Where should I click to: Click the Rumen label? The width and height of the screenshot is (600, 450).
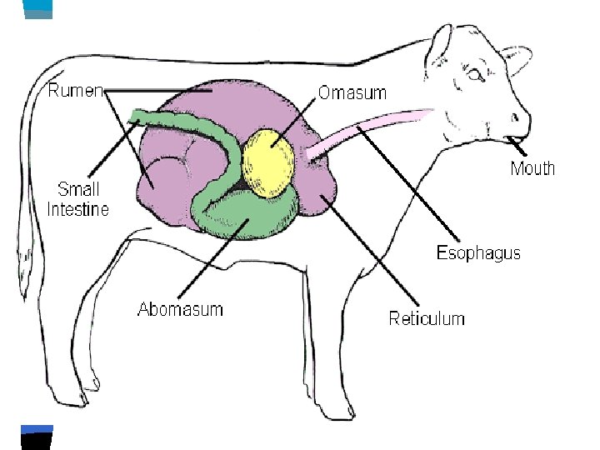click(x=75, y=90)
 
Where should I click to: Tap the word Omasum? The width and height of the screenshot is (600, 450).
click(x=352, y=92)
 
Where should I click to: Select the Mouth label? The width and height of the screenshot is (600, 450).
click(x=532, y=168)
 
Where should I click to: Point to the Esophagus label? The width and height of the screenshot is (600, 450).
click(x=478, y=253)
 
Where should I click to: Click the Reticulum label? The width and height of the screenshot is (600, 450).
click(x=427, y=317)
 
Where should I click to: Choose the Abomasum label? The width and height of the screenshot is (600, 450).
click(x=180, y=309)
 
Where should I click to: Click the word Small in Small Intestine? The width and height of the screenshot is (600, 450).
click(x=77, y=189)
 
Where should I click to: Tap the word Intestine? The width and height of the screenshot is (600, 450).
click(x=77, y=209)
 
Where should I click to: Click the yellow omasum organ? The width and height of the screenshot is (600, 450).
click(x=268, y=162)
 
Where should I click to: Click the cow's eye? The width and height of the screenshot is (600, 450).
click(x=474, y=75)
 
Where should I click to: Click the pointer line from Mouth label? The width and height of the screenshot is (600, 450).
click(x=521, y=149)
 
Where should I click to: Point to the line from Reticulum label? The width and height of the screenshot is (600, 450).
click(x=375, y=250)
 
